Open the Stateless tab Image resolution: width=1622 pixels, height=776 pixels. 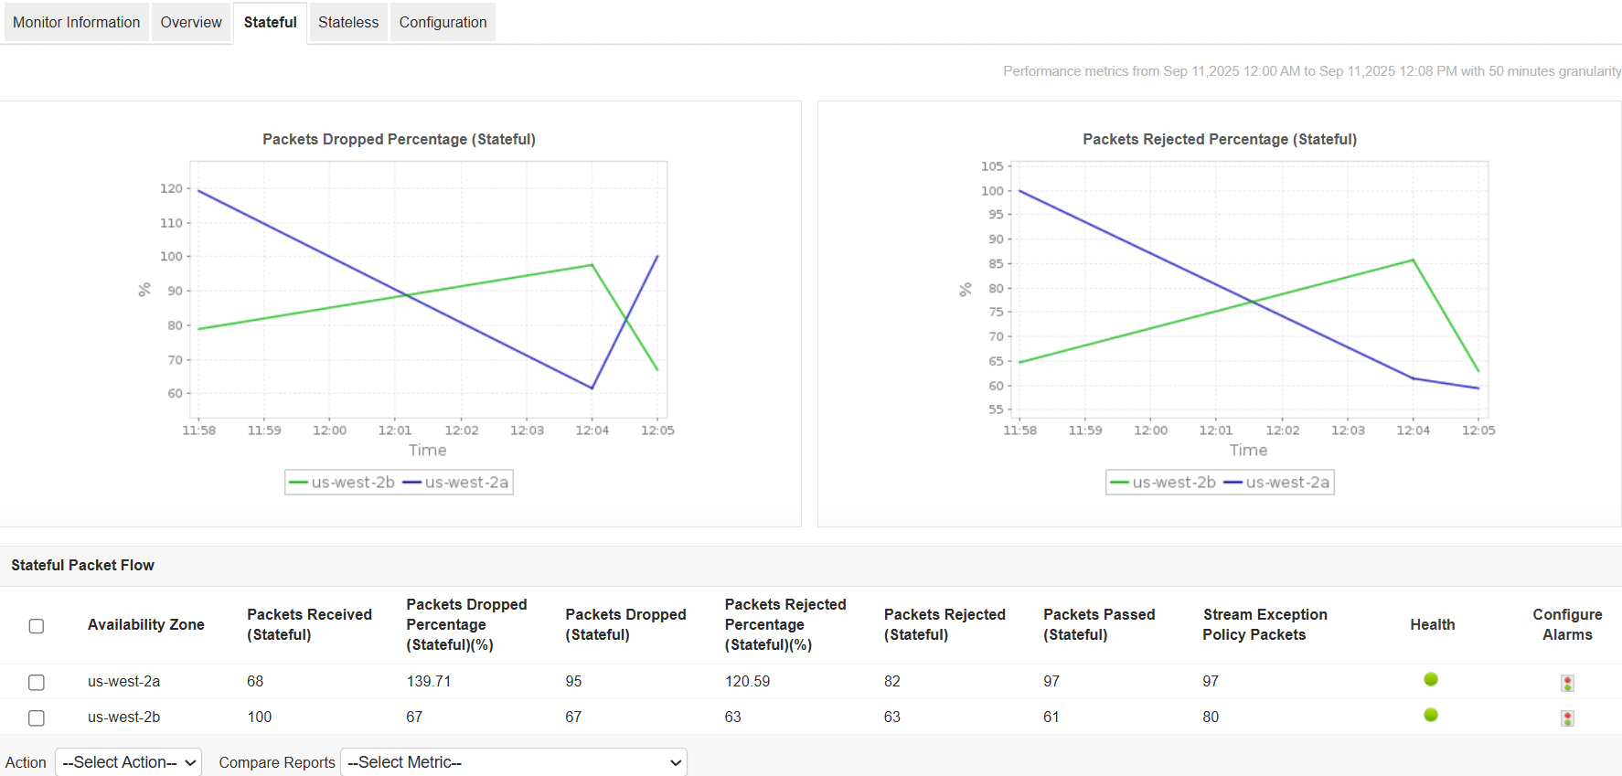[x=347, y=22]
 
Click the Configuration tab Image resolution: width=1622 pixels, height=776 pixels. [x=443, y=22]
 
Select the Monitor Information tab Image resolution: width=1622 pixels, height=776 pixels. [x=76, y=22]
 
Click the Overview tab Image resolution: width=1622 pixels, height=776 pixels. [x=190, y=22]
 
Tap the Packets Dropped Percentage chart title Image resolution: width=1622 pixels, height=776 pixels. [x=399, y=139]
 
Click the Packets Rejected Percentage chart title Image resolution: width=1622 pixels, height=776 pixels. [x=1219, y=139]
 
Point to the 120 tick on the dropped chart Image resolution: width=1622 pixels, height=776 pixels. [x=171, y=188]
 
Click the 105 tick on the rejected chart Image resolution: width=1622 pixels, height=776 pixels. [x=992, y=166]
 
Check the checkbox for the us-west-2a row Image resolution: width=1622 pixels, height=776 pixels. [x=37, y=683]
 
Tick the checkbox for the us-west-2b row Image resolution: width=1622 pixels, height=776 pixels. [x=37, y=718]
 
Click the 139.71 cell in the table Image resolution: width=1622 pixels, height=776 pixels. [x=429, y=682]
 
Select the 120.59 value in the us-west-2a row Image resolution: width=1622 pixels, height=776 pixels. [x=747, y=682]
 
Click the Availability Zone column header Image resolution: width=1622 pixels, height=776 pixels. [x=145, y=625]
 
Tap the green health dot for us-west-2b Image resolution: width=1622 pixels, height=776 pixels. [x=1431, y=715]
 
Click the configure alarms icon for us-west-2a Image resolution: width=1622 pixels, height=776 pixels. [x=1567, y=683]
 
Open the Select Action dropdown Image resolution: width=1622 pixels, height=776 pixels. [x=128, y=762]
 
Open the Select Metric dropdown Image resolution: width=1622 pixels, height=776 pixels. [x=513, y=762]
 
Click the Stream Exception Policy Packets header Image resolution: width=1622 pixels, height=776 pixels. [x=1265, y=625]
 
